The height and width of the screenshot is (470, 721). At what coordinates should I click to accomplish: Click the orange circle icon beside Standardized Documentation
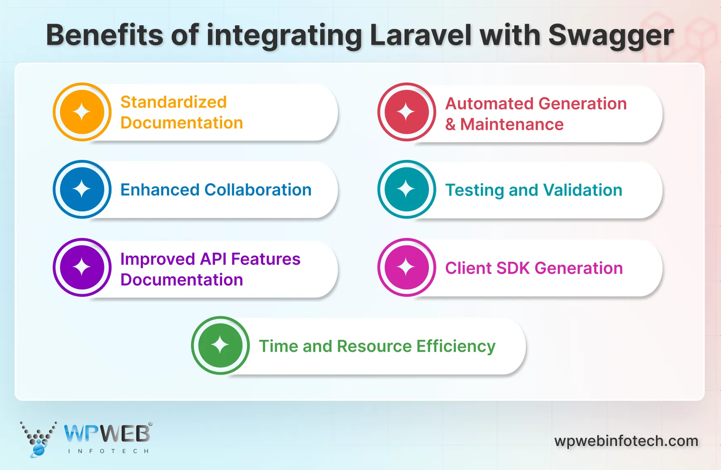pyautogui.click(x=82, y=112)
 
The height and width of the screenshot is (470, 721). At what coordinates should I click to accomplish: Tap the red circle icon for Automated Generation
pyautogui.click(x=406, y=112)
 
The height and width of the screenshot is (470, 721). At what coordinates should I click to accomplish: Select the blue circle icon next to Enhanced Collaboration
pyautogui.click(x=82, y=189)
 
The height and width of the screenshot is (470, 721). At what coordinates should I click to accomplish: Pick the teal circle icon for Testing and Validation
pyautogui.click(x=406, y=189)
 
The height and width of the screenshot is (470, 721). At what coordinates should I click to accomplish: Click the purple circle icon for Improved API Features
pyautogui.click(x=82, y=267)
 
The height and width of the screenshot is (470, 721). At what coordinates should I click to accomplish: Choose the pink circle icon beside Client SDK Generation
pyautogui.click(x=406, y=267)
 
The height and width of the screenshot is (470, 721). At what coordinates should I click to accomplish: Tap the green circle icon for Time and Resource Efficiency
pyautogui.click(x=220, y=345)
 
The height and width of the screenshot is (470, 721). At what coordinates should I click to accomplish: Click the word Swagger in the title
pyautogui.click(x=611, y=36)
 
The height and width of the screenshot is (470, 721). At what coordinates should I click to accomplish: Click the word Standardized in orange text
pyautogui.click(x=173, y=102)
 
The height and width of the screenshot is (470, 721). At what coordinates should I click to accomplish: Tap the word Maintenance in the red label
pyautogui.click(x=512, y=124)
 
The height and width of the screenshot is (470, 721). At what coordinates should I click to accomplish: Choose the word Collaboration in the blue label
pyautogui.click(x=258, y=190)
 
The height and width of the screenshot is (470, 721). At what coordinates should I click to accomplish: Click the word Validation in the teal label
pyautogui.click(x=583, y=190)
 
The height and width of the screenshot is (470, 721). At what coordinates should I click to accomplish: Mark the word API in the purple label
pyautogui.click(x=213, y=259)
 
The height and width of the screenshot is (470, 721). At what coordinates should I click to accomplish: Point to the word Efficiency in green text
pyautogui.click(x=456, y=346)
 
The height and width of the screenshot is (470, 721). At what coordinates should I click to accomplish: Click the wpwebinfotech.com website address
pyautogui.click(x=626, y=441)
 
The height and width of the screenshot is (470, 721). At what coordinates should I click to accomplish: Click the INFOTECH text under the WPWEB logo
pyautogui.click(x=108, y=451)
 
